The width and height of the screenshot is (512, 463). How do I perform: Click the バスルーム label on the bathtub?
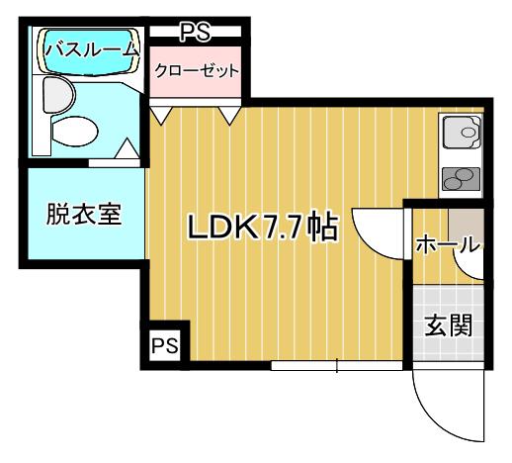tap(91, 50)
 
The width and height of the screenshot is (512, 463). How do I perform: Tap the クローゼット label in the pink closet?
tap(197, 70)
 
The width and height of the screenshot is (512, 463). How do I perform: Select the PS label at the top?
tap(195, 32)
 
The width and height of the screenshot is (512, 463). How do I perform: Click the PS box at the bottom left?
tap(165, 345)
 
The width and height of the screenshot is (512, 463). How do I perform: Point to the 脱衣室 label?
tap(84, 215)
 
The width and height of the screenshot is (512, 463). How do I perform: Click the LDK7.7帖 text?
tap(262, 228)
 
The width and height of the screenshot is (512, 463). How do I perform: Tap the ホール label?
tap(447, 245)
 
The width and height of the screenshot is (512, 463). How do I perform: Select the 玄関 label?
tap(448, 324)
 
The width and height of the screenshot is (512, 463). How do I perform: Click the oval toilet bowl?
tap(75, 132)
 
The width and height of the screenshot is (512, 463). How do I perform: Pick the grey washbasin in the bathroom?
tap(58, 95)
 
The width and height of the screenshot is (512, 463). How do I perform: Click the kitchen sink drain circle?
tap(468, 133)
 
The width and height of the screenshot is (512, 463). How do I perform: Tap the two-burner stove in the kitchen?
tap(461, 179)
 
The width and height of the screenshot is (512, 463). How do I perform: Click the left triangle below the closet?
tap(161, 116)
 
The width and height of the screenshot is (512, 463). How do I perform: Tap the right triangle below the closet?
tap(229, 116)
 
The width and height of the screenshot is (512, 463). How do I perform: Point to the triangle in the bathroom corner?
tap(128, 149)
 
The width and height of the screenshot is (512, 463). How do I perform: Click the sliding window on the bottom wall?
tap(337, 366)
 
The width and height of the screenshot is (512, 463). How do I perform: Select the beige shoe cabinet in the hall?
tap(466, 226)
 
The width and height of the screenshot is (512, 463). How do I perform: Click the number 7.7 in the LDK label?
tap(283, 228)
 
